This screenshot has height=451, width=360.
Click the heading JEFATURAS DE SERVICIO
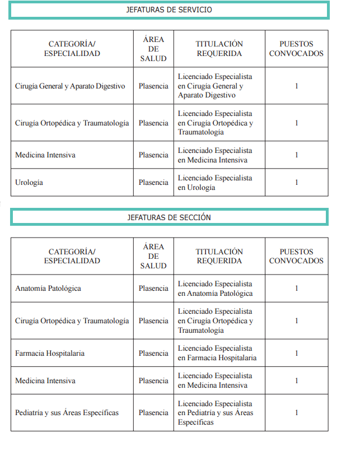click(x=169, y=10)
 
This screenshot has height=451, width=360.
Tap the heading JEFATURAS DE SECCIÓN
click(x=169, y=217)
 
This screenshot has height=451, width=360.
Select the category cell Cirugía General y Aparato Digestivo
click(x=70, y=86)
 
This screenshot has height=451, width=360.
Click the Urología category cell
click(x=29, y=183)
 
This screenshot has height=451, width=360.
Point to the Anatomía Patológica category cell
click(x=48, y=289)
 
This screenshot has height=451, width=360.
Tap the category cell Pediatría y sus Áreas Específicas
click(x=67, y=413)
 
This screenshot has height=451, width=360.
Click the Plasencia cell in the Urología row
click(x=153, y=183)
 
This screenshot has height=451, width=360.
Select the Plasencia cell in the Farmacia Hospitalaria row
click(x=153, y=354)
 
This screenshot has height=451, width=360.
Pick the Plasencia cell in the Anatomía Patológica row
click(x=153, y=289)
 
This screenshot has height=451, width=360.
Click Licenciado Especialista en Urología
click(x=215, y=183)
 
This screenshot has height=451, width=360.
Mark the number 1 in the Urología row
click(x=296, y=183)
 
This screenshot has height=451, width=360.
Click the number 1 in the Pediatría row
click(x=296, y=413)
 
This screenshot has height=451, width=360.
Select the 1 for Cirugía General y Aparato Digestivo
click(x=296, y=86)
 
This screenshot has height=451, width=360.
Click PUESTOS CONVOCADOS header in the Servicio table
click(x=296, y=49)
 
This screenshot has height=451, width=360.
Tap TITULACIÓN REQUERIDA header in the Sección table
click(x=219, y=257)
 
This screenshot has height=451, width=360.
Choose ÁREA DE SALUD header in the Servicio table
click(x=153, y=49)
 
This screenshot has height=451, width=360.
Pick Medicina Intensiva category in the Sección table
click(x=45, y=381)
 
